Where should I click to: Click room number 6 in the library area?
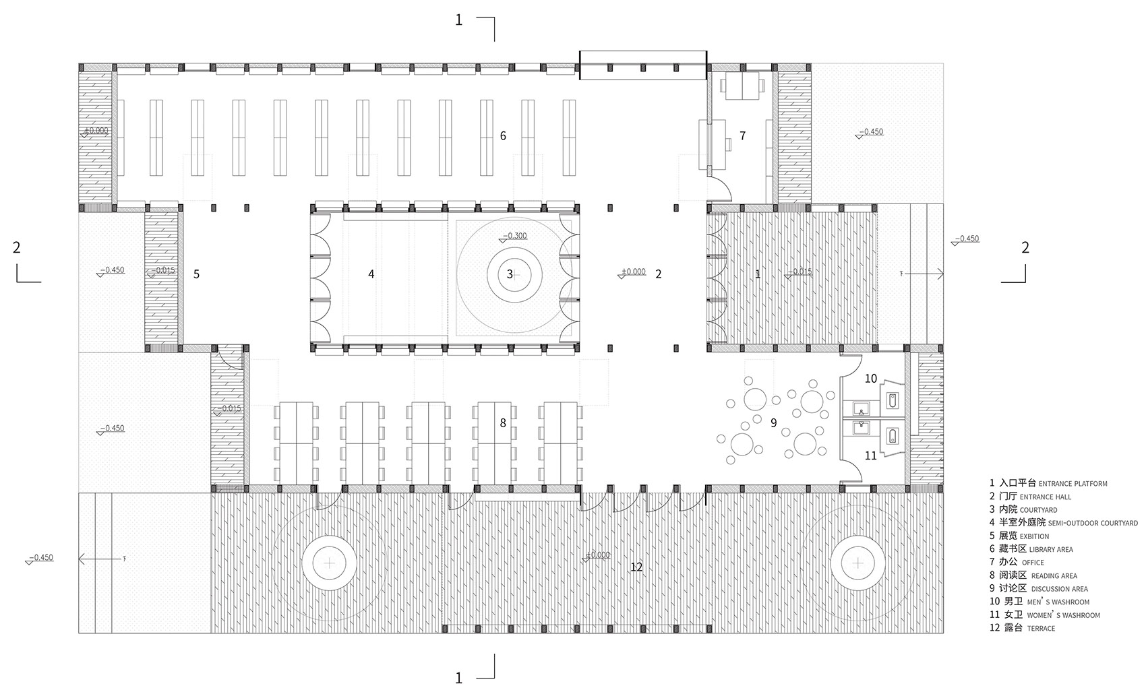[503, 135]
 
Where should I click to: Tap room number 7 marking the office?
[742, 135]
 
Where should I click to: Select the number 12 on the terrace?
[636, 567]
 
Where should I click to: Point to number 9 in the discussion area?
[774, 422]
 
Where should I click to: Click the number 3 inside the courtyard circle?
[510, 274]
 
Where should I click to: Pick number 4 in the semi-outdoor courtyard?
[371, 274]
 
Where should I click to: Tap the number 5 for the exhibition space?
[196, 274]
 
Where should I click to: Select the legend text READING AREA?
[1054, 576]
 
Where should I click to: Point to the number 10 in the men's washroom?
[871, 379]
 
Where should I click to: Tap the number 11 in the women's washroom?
[871, 455]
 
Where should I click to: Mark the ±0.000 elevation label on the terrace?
[597, 555]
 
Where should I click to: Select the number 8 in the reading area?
[503, 423]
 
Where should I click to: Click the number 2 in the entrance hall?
[659, 274]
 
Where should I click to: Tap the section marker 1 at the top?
[459, 20]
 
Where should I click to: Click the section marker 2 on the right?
[1025, 247]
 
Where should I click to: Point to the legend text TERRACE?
[1041, 629]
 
